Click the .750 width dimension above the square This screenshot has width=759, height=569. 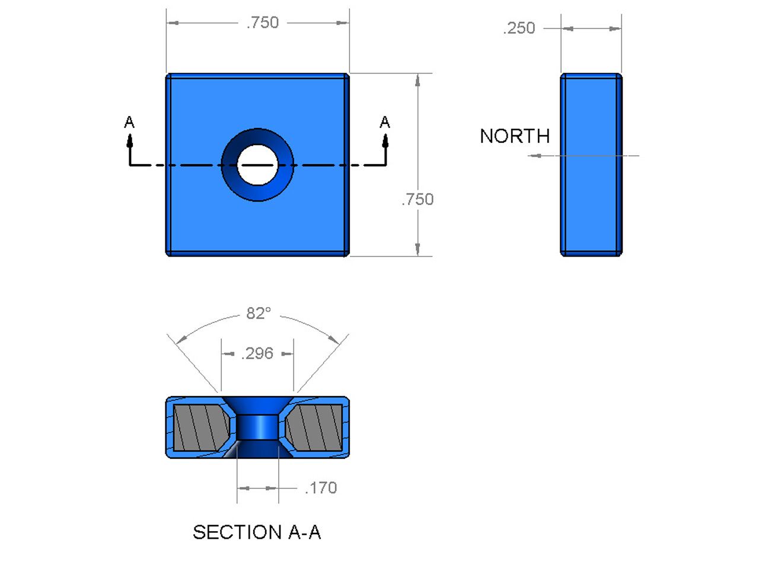tap(263, 23)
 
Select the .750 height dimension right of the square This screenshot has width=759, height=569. tap(417, 199)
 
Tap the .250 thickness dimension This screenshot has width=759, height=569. tap(519, 28)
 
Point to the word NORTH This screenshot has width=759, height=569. tap(515, 136)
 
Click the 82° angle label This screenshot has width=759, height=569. tap(259, 313)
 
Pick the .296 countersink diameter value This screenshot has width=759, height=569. tap(257, 353)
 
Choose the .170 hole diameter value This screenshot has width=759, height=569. tap(321, 488)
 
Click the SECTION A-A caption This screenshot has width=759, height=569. tap(257, 532)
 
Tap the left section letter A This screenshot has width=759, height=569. tap(129, 123)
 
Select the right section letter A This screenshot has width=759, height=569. tap(385, 123)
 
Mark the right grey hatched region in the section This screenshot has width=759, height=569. tap(315, 427)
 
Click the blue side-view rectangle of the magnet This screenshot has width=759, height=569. tap(591, 196)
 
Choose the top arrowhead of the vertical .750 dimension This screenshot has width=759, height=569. tap(417, 81)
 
